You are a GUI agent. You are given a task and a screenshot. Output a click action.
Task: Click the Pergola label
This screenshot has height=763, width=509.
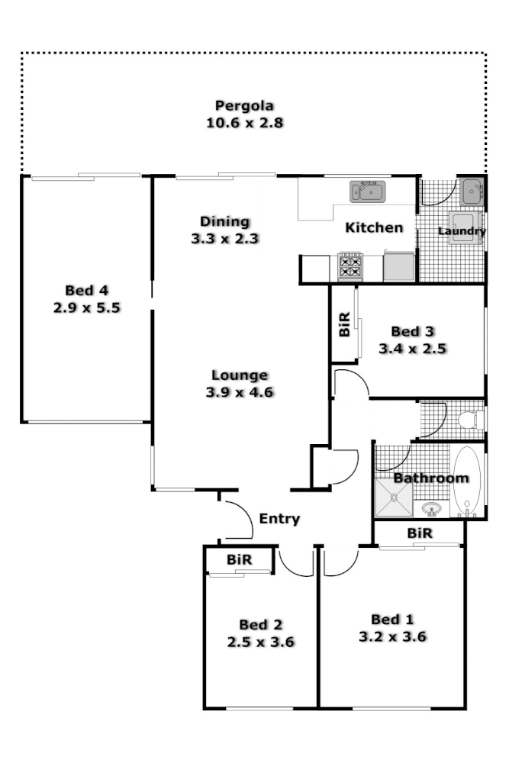coord(244,106)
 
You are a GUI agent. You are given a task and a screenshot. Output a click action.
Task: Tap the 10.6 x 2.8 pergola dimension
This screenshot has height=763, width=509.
coord(244,123)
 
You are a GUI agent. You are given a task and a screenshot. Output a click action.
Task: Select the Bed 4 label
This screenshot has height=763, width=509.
coord(87,291)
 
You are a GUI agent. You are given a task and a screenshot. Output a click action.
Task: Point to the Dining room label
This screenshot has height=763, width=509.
coord(224,222)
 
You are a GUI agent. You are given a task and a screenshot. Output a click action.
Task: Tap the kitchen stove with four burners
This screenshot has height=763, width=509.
coord(350,266)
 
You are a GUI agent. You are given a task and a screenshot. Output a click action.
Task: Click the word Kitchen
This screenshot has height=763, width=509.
coord(374,227)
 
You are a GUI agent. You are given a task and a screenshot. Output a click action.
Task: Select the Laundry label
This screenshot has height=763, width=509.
coord(462,230)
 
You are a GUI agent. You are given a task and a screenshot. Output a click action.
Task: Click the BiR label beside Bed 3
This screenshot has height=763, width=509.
coord(344,324)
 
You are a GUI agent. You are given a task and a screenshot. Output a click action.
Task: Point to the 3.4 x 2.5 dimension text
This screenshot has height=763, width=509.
coord(412,349)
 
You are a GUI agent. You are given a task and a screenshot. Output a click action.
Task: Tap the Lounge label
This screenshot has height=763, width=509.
coord(240,375)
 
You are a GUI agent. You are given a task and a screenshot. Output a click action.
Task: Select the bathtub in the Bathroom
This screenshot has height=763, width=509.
coord(466,482)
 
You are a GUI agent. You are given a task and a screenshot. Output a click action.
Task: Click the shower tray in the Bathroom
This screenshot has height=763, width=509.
coord(394,498)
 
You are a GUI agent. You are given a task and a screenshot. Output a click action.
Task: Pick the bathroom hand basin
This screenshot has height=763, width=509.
coord(433,507)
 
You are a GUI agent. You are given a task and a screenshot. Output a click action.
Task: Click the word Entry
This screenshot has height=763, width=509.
coord(279,519)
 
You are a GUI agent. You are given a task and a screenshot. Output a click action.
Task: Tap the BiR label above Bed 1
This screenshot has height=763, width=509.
coord(420,533)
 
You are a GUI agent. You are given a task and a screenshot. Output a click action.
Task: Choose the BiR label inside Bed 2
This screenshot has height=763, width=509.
coord(240,560)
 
